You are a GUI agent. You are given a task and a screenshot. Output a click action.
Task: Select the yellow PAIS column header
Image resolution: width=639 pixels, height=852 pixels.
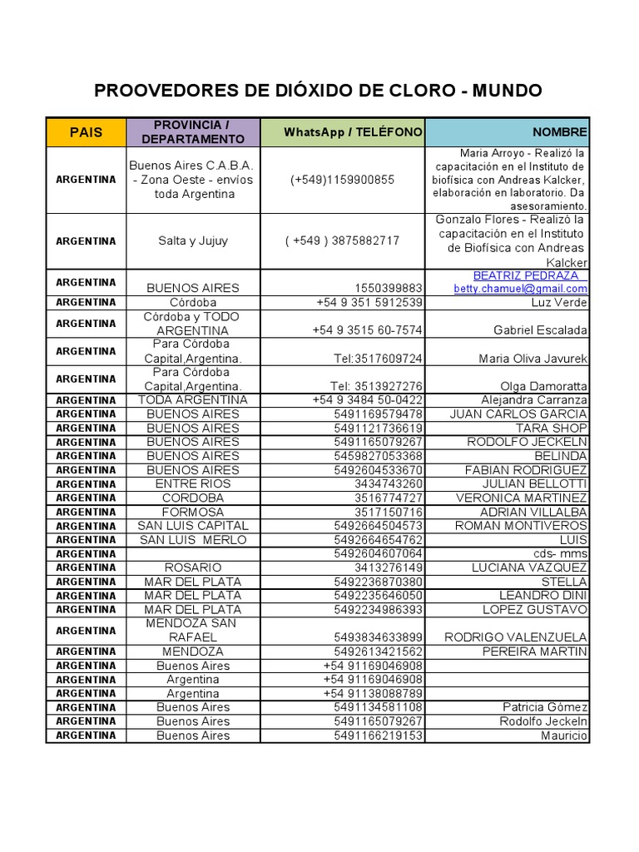pyautogui.click(x=87, y=132)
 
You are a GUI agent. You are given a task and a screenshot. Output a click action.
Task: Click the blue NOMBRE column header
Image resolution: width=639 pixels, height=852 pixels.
pyautogui.click(x=560, y=132)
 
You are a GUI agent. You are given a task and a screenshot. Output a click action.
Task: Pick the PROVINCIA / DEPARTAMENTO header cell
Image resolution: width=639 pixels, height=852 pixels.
pyautogui.click(x=193, y=132)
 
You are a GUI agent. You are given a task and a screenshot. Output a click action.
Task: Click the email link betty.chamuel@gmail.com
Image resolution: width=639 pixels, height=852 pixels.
pyautogui.click(x=520, y=289)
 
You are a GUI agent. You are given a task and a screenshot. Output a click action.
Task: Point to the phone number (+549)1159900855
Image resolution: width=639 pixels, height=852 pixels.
pyautogui.click(x=343, y=180)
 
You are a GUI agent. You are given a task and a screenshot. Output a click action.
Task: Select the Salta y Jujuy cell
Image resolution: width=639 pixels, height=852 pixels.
pyautogui.click(x=193, y=240)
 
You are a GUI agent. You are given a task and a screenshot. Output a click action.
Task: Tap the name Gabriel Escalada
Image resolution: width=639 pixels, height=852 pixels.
pyautogui.click(x=540, y=330)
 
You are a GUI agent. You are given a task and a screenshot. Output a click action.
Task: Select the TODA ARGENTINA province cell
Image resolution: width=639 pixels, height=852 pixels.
pyautogui.click(x=193, y=400)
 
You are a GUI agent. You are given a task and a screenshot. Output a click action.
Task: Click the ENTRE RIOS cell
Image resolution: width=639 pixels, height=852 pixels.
pyautogui.click(x=193, y=483)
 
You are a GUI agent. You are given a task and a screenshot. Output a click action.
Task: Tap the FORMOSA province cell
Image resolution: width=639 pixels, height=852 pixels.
pyautogui.click(x=193, y=512)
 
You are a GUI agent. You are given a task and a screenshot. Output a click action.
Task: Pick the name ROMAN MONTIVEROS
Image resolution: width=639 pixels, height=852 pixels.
pyautogui.click(x=521, y=526)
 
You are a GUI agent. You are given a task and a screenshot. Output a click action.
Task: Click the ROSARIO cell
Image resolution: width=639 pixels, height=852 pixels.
pyautogui.click(x=193, y=567)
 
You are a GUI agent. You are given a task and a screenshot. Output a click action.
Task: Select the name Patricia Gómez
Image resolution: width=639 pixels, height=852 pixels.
pyautogui.click(x=545, y=707)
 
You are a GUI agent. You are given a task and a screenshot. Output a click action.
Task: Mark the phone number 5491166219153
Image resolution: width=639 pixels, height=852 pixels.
pyautogui.click(x=378, y=736)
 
